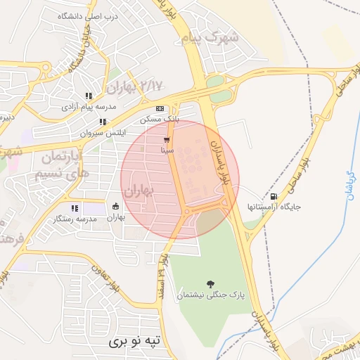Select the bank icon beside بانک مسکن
coord(160,108)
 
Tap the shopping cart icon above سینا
coord(167,139)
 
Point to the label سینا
coord(167,150)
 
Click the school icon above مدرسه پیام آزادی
coord(89,96)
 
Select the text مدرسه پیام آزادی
coord(89,106)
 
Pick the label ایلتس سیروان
coord(103,132)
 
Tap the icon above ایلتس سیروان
coord(103,122)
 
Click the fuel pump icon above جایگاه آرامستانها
coord(274,196)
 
